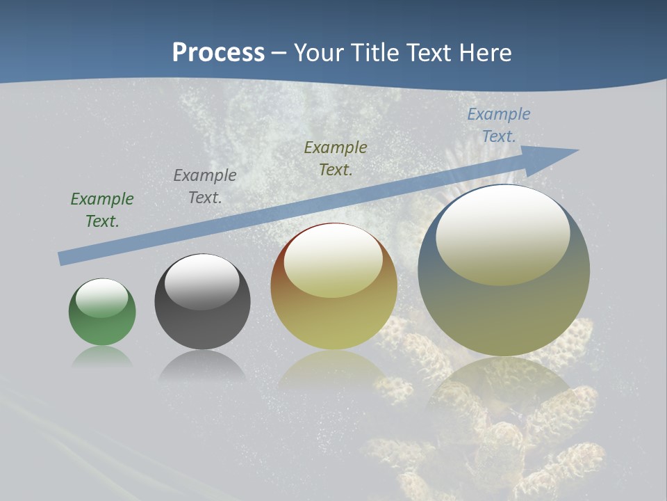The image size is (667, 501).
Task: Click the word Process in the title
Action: [218, 53]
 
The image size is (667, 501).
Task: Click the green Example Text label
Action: [102, 209]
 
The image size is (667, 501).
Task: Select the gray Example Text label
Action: [205, 186]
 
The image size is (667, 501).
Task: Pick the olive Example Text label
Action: [336, 158]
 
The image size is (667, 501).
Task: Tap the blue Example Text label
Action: [499, 125]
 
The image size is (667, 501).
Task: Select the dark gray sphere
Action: [202, 320]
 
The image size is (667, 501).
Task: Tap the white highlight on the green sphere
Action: [102, 297]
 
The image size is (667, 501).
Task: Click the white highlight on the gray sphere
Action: [202, 281]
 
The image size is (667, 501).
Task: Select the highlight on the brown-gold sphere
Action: [333, 260]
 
